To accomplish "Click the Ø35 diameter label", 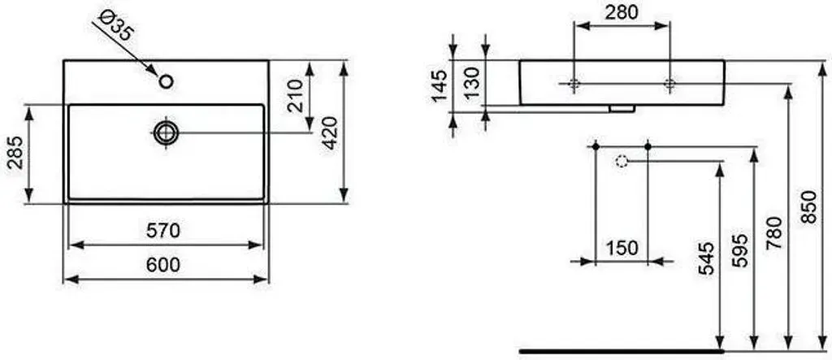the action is point(114,26).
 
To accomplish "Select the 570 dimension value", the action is point(162,231).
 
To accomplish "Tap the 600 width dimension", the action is point(162,264).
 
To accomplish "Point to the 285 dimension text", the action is point(15,153).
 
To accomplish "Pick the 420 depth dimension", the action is point(330,133).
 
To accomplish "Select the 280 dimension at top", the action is point(622,11).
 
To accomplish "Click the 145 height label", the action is point(440,85).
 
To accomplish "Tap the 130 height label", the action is point(471,82).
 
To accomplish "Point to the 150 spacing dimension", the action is point(622,248).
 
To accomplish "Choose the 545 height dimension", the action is point(707,258).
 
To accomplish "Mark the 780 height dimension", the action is point(774,232).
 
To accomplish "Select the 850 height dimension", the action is point(808,206).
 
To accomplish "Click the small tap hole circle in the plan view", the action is point(166,82).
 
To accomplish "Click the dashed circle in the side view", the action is point(622,160).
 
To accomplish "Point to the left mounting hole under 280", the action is point(574,84).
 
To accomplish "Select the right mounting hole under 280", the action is point(669,84).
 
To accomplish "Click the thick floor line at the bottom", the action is point(622,351).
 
